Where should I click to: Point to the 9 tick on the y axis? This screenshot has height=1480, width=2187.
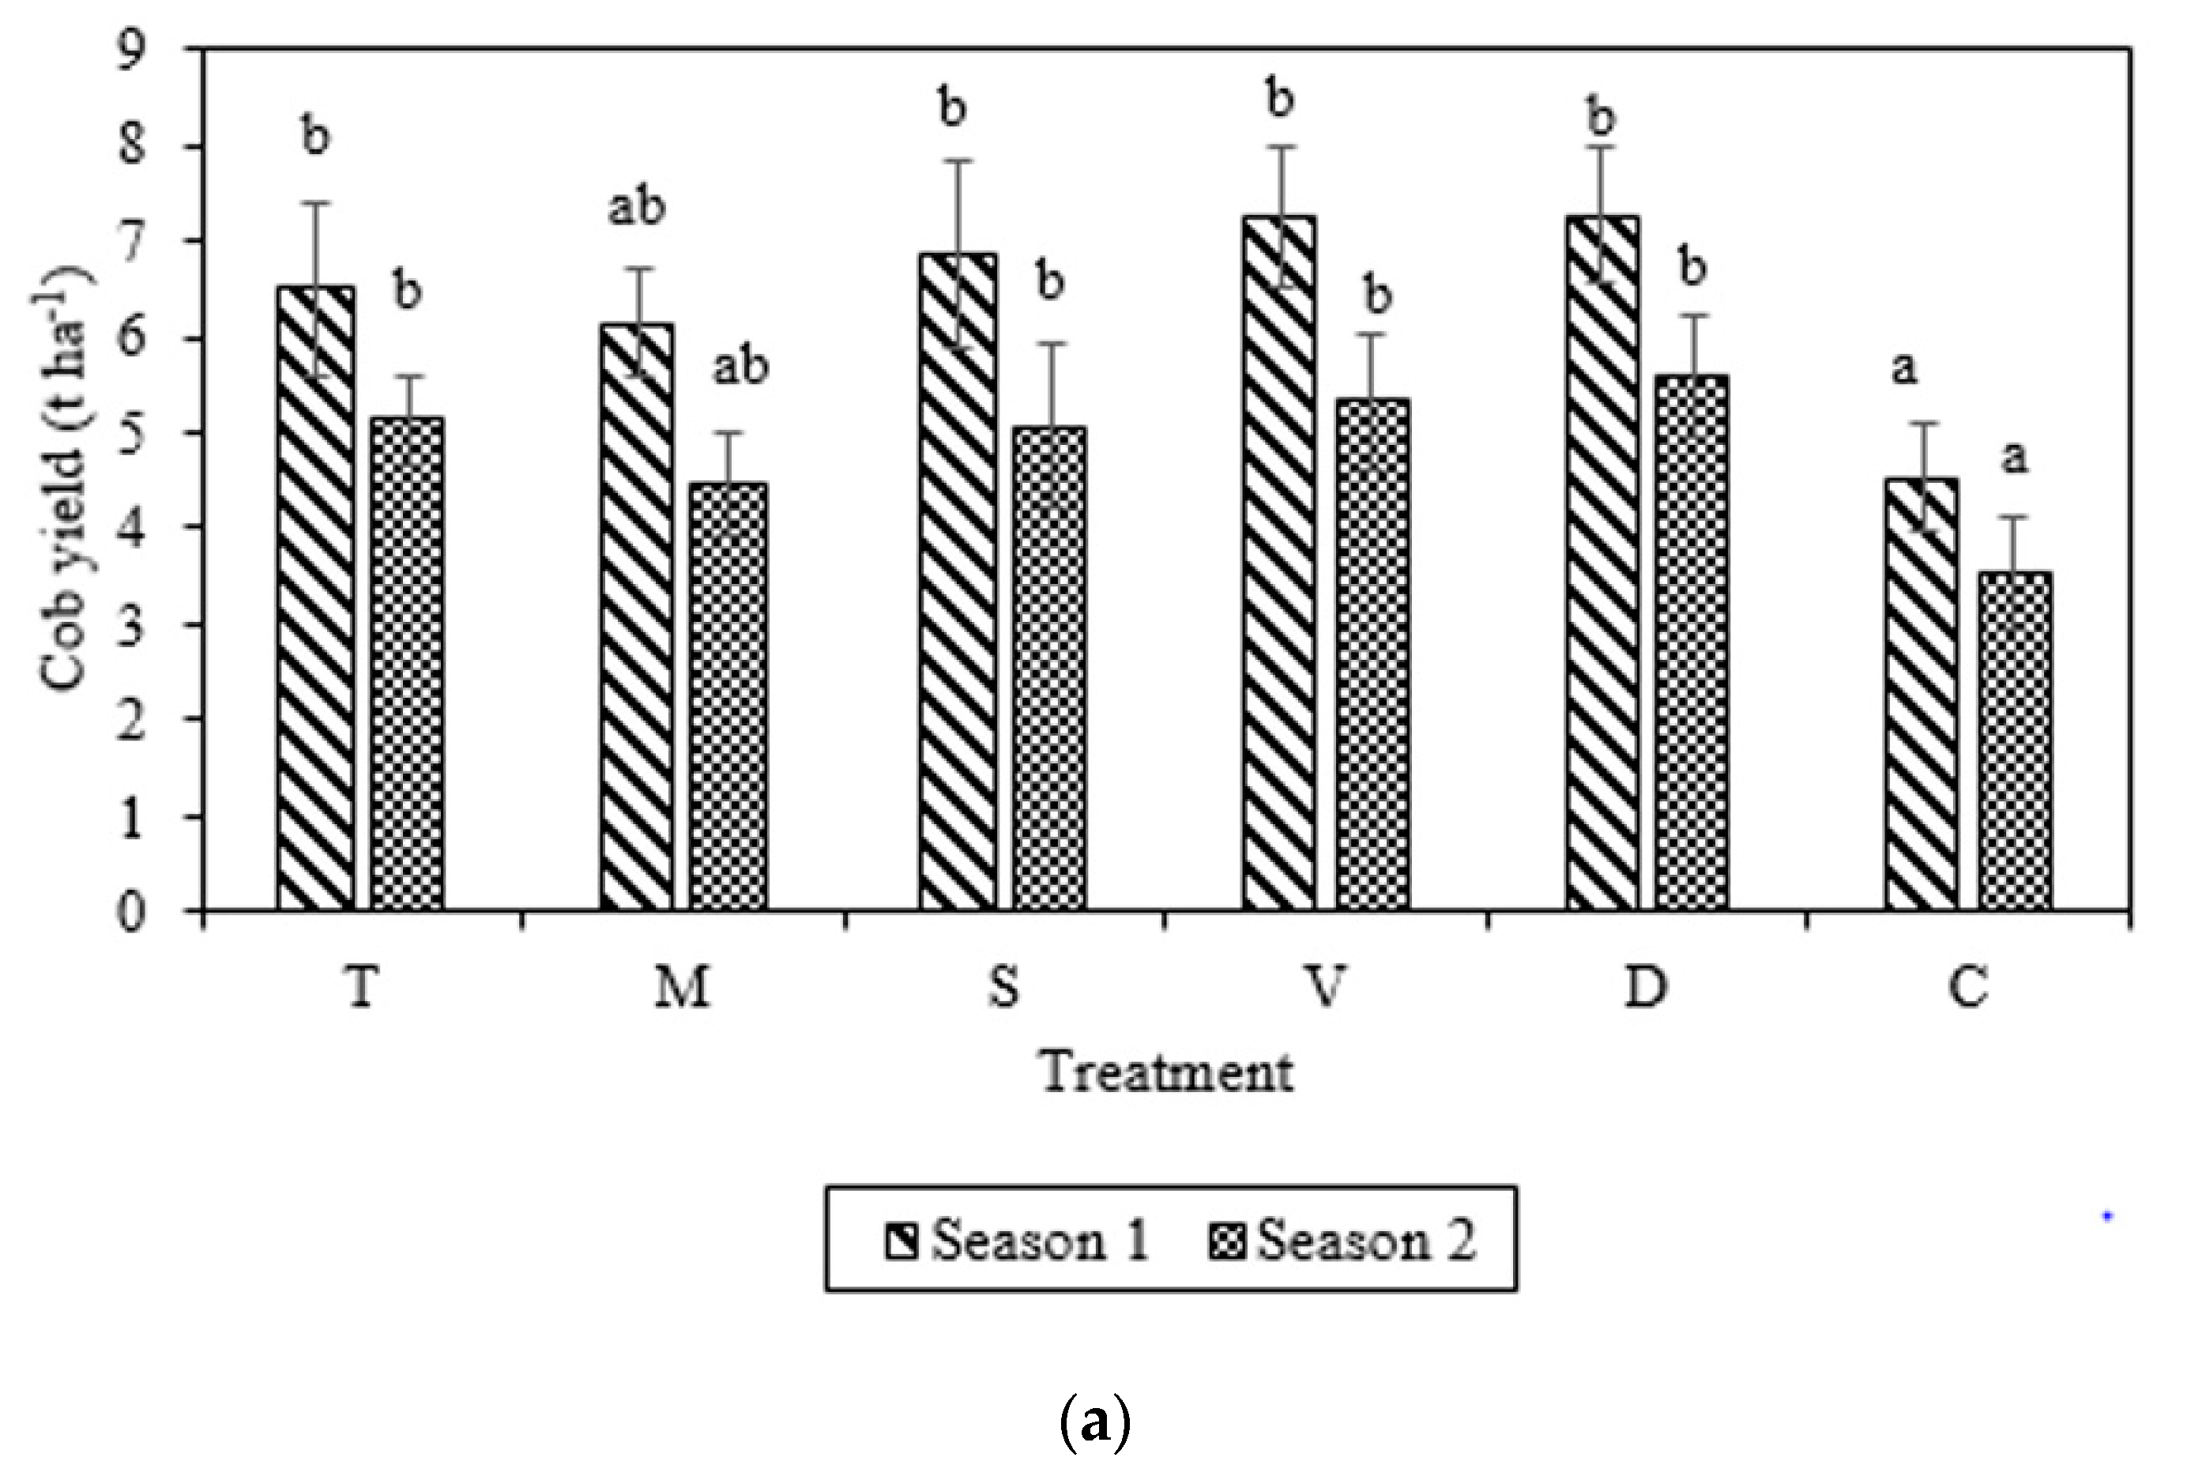tap(131, 48)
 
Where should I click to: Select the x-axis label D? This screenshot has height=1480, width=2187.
tap(1646, 989)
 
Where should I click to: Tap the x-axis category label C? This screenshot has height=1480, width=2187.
tap(1967, 989)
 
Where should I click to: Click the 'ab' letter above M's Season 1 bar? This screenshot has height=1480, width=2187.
tap(636, 206)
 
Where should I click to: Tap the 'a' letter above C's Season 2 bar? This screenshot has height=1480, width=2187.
tap(2014, 458)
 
